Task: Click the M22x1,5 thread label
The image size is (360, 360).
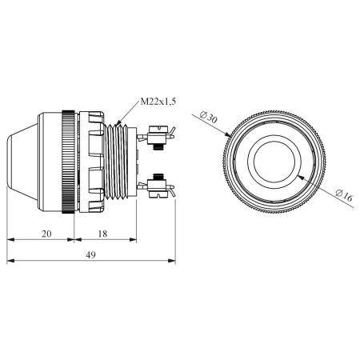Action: click(x=158, y=102)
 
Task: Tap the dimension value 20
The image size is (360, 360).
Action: click(x=46, y=234)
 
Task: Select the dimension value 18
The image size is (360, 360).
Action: click(x=102, y=234)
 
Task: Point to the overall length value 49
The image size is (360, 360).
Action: click(x=90, y=255)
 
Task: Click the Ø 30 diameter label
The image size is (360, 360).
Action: click(x=209, y=118)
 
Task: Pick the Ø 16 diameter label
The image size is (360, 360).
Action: click(x=344, y=196)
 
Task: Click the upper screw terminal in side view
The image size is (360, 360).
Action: click(x=157, y=136)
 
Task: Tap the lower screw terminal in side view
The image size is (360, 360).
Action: click(x=157, y=186)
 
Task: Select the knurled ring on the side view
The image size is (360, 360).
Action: click(x=68, y=162)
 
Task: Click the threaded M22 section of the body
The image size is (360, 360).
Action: click(x=116, y=162)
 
